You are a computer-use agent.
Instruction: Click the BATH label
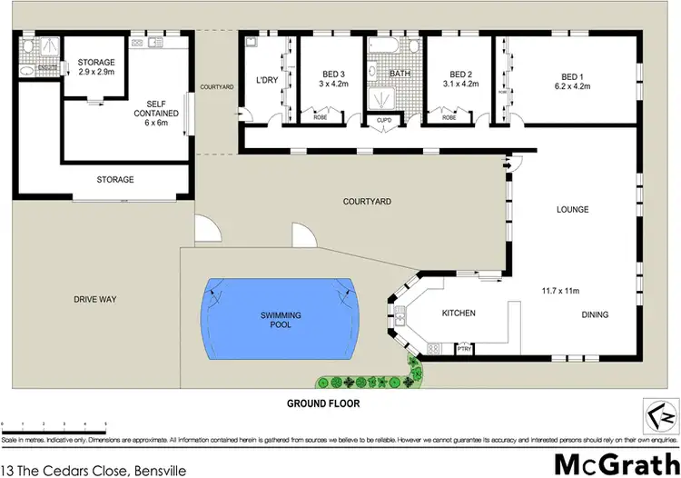click(400, 75)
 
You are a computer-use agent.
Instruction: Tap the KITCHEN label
click(459, 314)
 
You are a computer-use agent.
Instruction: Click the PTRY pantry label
click(465, 348)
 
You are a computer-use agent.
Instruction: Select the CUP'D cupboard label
click(383, 119)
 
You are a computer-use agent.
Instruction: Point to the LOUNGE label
click(573, 210)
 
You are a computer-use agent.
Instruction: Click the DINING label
click(595, 315)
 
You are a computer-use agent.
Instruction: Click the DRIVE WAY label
click(97, 299)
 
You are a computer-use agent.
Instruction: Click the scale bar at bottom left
click(54, 423)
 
